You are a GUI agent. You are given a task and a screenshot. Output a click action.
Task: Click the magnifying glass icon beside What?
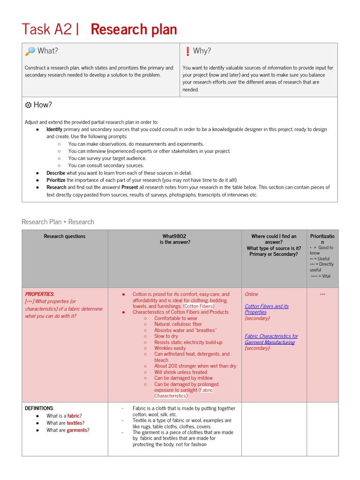[30, 51]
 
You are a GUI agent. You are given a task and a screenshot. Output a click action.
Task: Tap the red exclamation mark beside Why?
[187, 51]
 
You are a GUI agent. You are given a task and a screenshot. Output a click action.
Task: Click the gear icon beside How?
[28, 105]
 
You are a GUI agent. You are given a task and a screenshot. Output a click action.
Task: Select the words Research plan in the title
[134, 30]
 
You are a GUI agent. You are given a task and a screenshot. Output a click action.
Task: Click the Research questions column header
[65, 236]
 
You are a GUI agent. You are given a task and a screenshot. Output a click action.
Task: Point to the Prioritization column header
[322, 239]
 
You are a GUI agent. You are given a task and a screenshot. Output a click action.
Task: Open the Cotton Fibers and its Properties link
[266, 309]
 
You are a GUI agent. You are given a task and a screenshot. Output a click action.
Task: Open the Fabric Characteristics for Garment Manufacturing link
[271, 339]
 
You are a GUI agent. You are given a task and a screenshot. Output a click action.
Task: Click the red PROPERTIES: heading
[39, 294]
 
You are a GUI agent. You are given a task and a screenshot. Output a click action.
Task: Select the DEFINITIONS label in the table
[39, 408]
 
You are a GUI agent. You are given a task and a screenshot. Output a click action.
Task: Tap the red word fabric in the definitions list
[74, 416]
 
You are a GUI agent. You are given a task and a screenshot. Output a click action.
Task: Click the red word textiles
[74, 423]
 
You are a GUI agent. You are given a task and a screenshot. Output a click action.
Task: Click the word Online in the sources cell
[251, 294]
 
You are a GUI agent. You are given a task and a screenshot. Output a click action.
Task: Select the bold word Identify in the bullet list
[54, 129]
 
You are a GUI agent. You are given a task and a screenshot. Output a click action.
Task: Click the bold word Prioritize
[56, 180]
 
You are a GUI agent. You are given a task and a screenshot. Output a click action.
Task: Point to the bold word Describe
[55, 173]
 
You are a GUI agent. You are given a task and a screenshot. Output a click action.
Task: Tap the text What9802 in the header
[174, 236]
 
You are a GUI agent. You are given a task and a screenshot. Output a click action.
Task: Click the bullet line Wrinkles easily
[170, 348]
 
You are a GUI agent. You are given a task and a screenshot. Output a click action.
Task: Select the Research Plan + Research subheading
[58, 222]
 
